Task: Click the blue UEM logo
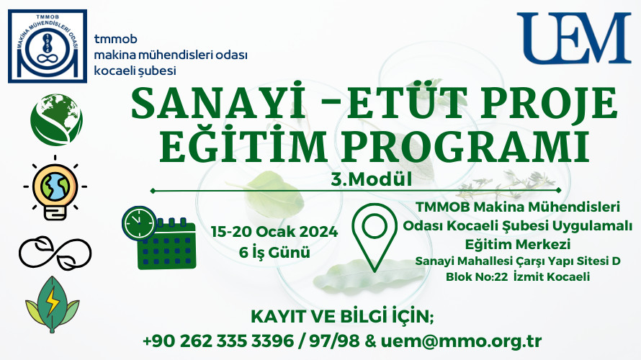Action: tap(573, 38)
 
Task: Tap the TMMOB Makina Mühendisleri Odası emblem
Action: tap(48, 46)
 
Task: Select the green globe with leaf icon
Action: tap(56, 120)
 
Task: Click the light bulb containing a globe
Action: tap(55, 187)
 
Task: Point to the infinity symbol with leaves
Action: tap(55, 253)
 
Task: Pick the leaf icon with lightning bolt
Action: tap(53, 305)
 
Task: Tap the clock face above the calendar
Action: tap(139, 223)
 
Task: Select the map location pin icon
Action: tap(375, 237)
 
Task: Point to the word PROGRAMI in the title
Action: tap(465, 145)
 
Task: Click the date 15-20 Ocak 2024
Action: tap(274, 232)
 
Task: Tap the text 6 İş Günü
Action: tap(274, 252)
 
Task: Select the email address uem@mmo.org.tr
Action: tap(462, 341)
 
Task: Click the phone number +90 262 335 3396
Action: tap(218, 341)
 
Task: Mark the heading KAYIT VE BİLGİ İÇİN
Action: tap(342, 317)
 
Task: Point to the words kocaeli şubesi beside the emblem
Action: tap(135, 71)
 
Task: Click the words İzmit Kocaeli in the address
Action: tap(552, 276)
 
